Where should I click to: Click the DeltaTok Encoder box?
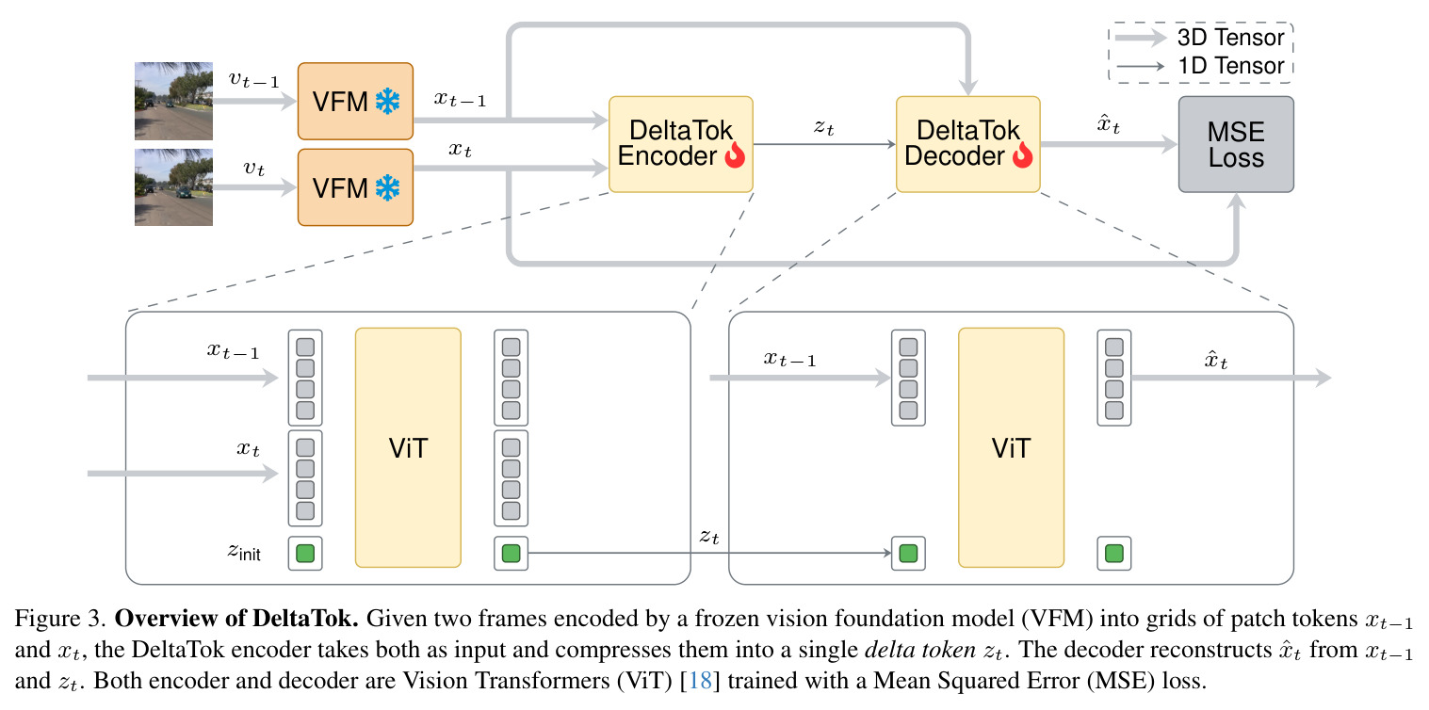tap(681, 144)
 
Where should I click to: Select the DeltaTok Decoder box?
tap(967, 144)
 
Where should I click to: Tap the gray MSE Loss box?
tap(1236, 144)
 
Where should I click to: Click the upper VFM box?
tap(355, 101)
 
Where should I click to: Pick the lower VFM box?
tap(355, 187)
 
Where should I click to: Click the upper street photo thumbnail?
tap(173, 101)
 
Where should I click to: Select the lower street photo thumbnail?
tap(173, 187)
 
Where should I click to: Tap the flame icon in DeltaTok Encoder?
tap(735, 155)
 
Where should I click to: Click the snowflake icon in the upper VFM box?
tap(387, 102)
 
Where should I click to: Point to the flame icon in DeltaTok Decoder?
tap(1023, 155)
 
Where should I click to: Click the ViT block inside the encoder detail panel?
tap(408, 448)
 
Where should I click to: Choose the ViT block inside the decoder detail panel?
tap(1011, 448)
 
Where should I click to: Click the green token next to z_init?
tap(305, 554)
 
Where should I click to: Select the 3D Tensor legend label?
tap(1230, 38)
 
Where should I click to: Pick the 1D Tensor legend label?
tap(1230, 66)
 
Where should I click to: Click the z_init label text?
tap(244, 552)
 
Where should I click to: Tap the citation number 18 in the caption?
tap(701, 681)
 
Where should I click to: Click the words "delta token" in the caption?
tap(920, 650)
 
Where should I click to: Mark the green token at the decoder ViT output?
tap(1113, 554)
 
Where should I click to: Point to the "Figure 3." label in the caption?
tap(60, 619)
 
